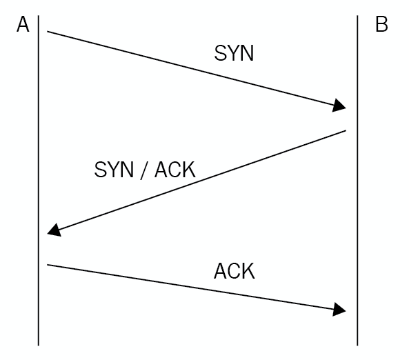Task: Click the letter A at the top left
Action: point(23,24)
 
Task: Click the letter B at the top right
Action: point(381,24)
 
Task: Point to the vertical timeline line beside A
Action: point(39,181)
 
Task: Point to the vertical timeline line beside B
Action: point(357,181)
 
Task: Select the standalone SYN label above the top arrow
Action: point(234,53)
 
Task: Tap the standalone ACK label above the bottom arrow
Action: point(235,271)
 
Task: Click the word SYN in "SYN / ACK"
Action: point(114,170)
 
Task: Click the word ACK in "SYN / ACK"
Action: point(174,170)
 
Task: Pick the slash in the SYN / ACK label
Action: point(144,170)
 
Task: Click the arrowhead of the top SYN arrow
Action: point(339,106)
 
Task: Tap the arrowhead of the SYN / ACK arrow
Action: point(54,230)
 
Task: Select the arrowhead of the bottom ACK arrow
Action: point(339,310)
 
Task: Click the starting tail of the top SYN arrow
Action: point(48,32)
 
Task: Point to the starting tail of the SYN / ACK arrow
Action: point(346,130)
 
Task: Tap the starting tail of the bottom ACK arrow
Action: point(48,265)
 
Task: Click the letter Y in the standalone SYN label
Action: point(234,53)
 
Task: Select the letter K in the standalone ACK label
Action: point(248,271)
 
